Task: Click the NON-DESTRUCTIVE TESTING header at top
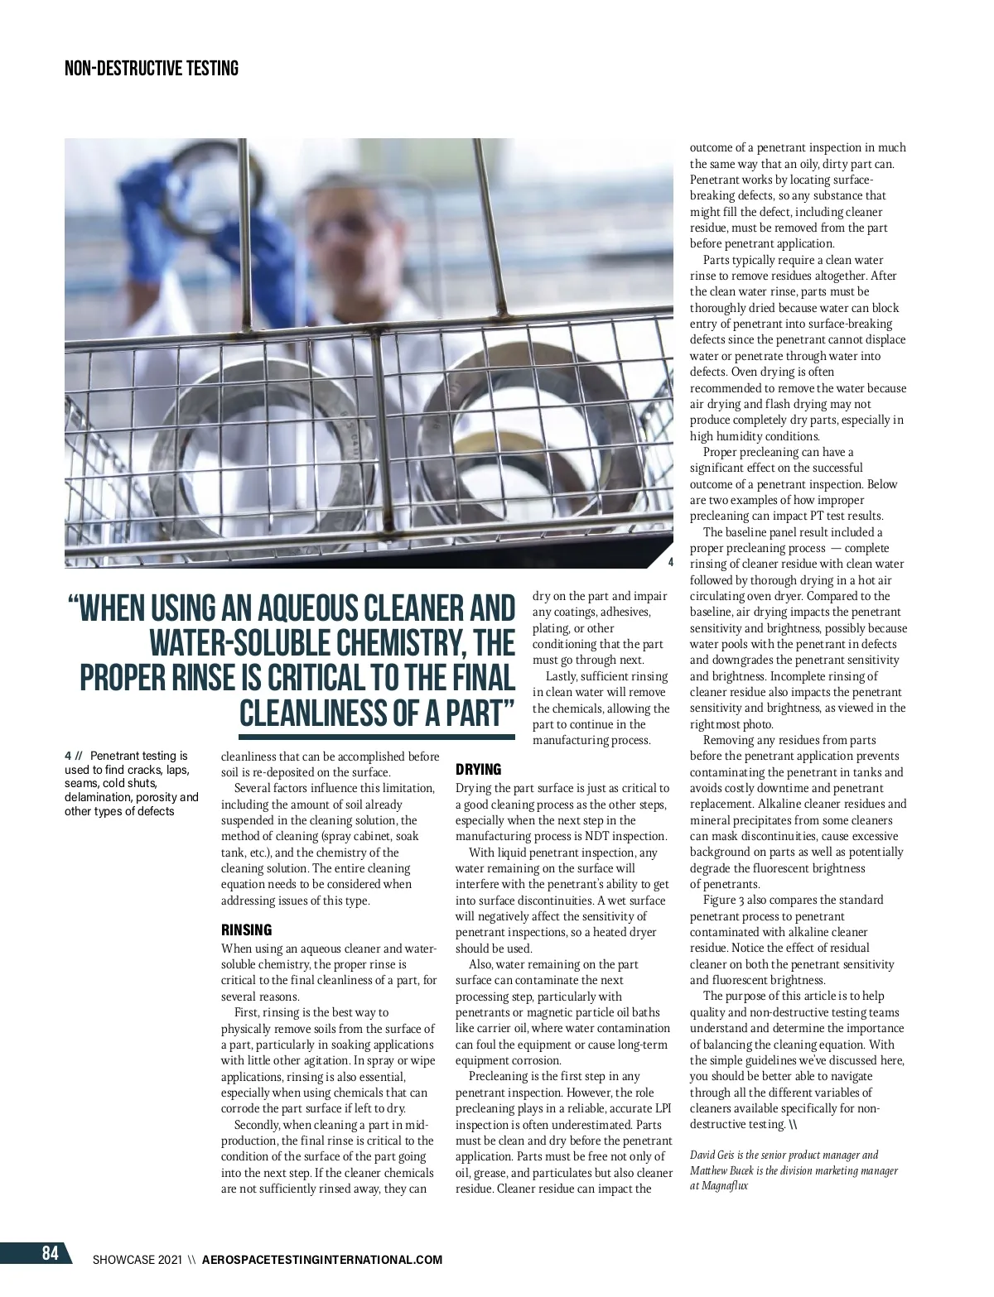coord(151,69)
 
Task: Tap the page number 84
coord(51,1253)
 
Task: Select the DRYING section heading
coord(478,770)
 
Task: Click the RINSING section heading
coord(246,930)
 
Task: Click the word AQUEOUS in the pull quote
coord(329,608)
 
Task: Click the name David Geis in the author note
coord(713,1155)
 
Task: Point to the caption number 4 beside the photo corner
coord(670,562)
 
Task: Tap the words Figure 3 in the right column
coord(724,900)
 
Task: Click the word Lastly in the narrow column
coord(562,676)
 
